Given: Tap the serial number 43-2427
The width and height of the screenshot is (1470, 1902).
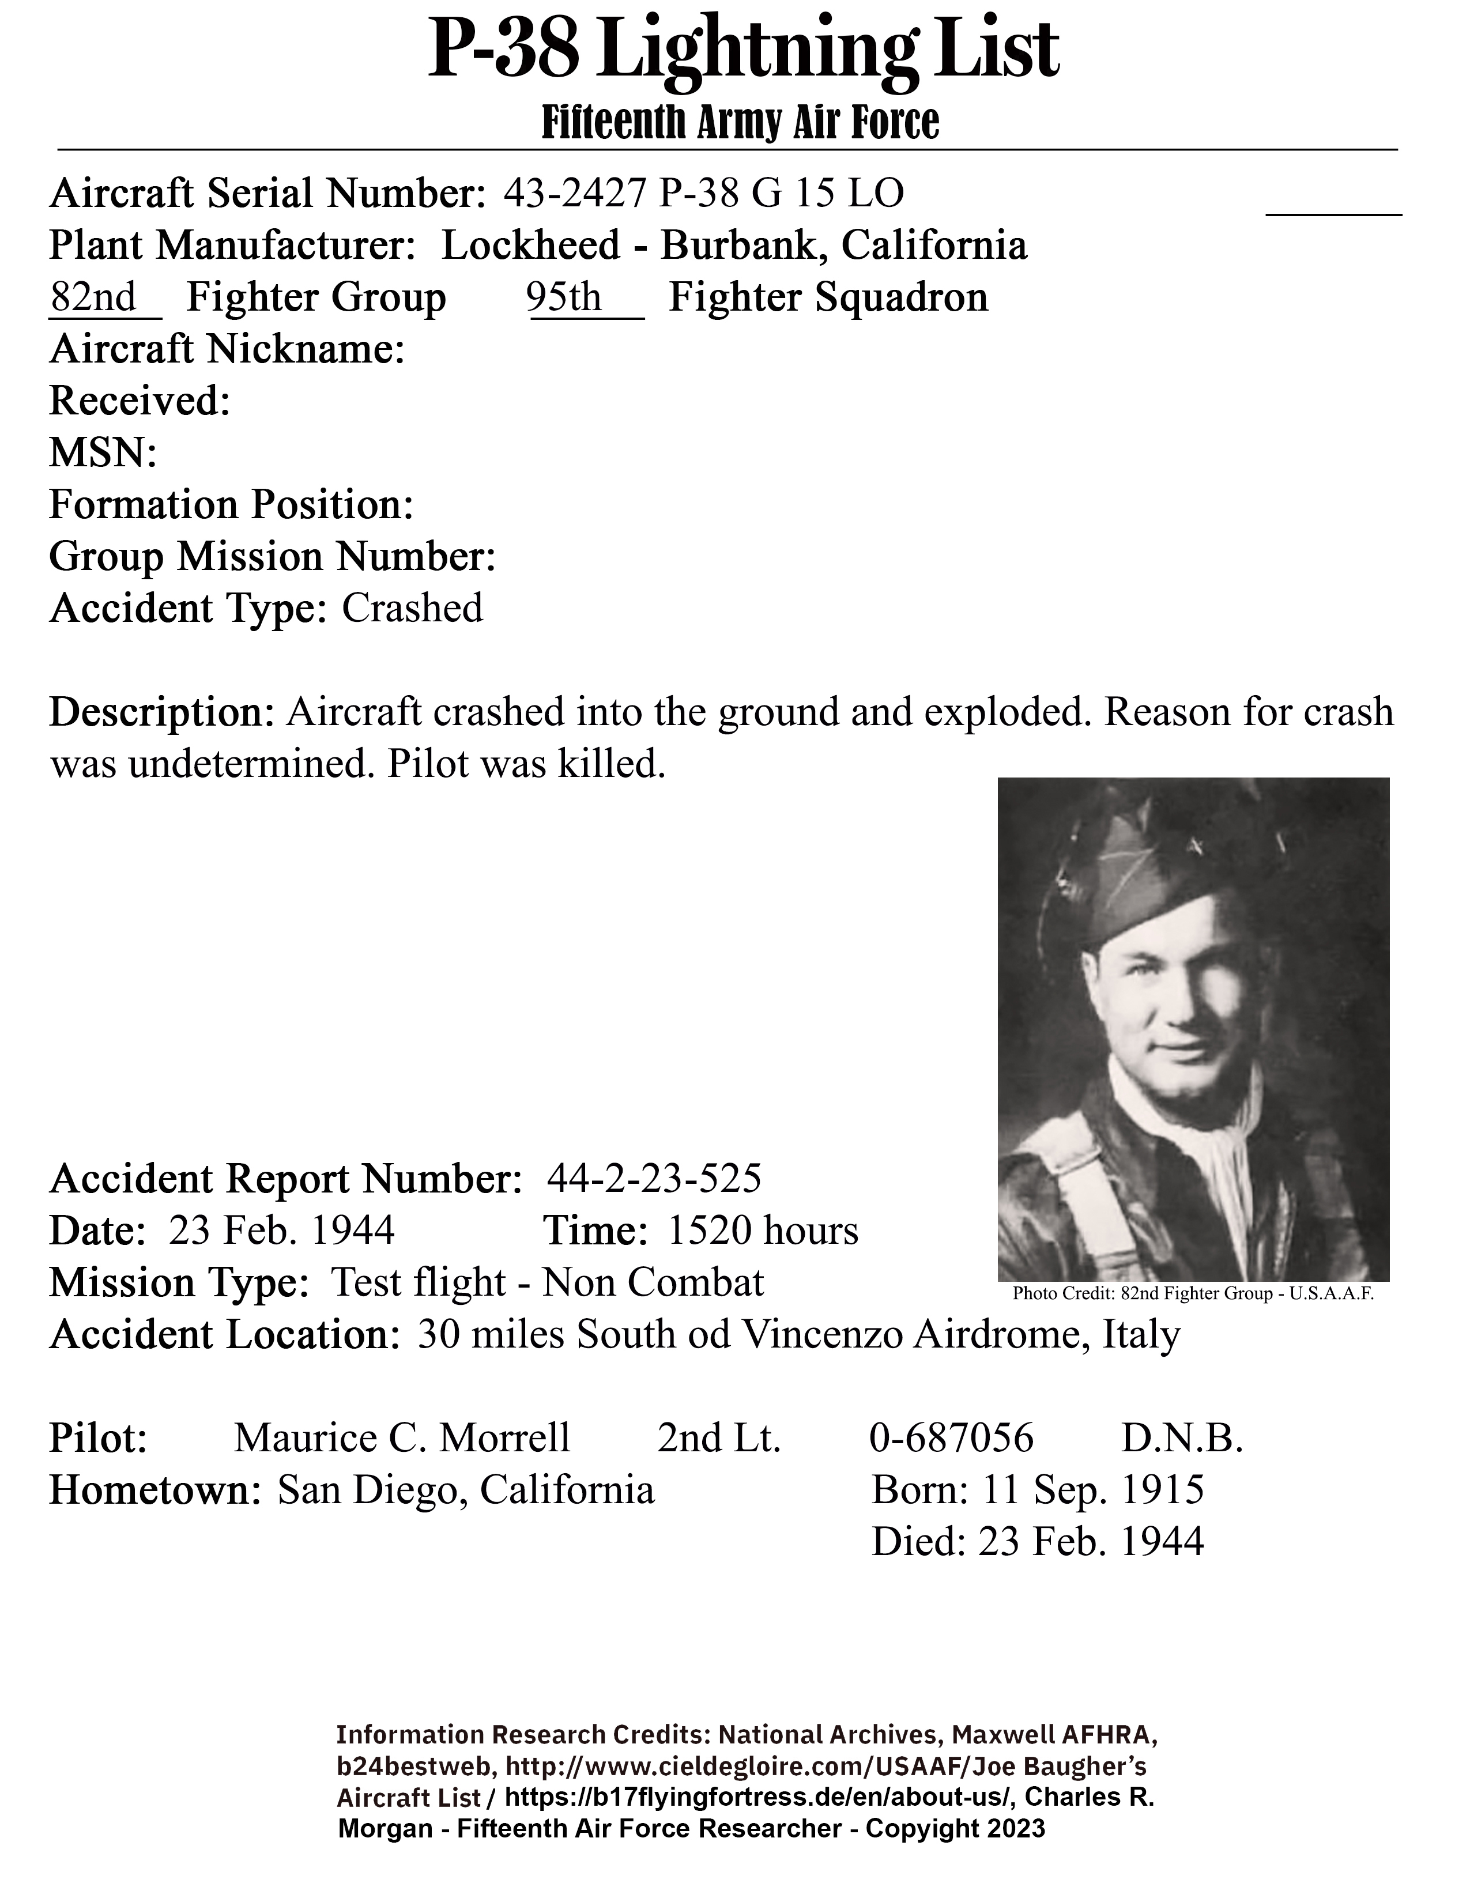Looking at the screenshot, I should click(575, 193).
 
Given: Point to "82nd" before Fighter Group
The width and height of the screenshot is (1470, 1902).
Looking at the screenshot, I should click(94, 298).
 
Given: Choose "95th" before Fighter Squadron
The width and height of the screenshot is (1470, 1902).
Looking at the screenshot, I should click(564, 298).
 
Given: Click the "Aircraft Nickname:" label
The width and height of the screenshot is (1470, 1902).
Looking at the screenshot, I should click(227, 350).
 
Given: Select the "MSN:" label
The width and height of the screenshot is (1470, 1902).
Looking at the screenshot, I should click(103, 454).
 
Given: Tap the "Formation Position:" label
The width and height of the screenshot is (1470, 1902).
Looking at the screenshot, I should click(231, 505).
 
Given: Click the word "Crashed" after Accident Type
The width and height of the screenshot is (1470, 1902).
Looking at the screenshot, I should click(412, 609).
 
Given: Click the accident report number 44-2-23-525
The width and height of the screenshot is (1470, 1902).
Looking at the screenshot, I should click(654, 1179).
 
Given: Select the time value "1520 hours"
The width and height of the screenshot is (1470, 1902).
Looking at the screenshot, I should click(763, 1232).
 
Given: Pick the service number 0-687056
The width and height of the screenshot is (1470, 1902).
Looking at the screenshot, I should click(951, 1439).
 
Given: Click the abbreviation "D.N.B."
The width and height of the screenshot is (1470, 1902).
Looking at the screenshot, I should click(1182, 1439).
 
